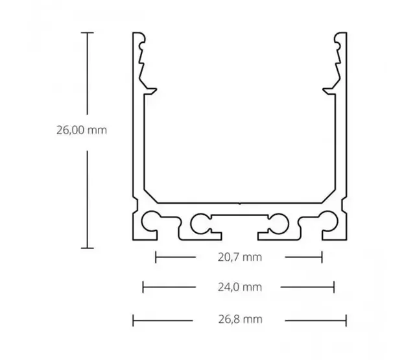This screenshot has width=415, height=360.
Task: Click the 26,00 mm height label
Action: click(81, 130)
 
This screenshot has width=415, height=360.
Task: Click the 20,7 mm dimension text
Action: click(240, 257)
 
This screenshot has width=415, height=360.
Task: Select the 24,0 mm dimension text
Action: click(240, 287)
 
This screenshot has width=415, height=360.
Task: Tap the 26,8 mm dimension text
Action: click(240, 319)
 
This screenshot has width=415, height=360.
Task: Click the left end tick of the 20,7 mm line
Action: click(156, 257)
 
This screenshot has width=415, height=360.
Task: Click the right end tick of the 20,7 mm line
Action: click(322, 257)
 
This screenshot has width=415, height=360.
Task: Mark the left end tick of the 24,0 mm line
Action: click(143, 287)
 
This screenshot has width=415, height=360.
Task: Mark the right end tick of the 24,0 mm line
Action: click(333, 287)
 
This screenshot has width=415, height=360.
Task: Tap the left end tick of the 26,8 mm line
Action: click(132, 319)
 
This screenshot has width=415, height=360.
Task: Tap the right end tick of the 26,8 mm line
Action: click(346, 319)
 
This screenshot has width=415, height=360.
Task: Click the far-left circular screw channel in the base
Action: click(154, 222)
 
